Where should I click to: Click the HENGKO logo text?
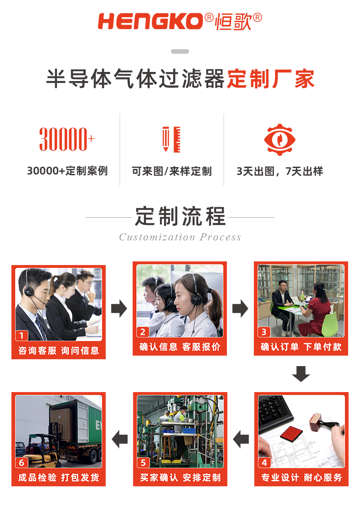point(150,21)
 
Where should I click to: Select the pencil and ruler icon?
point(171,139)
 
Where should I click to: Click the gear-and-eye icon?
point(279,139)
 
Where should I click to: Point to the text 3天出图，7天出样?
point(279,171)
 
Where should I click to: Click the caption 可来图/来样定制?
point(172,171)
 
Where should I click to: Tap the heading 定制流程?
point(180,216)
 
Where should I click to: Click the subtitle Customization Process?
point(180,237)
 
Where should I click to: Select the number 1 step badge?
point(21,336)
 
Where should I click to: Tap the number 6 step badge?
point(21,463)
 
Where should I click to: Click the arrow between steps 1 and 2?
point(119,309)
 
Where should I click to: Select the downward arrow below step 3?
point(301,374)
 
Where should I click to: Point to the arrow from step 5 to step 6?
point(120,439)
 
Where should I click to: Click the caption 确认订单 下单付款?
point(301,347)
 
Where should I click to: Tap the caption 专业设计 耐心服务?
point(301,478)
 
